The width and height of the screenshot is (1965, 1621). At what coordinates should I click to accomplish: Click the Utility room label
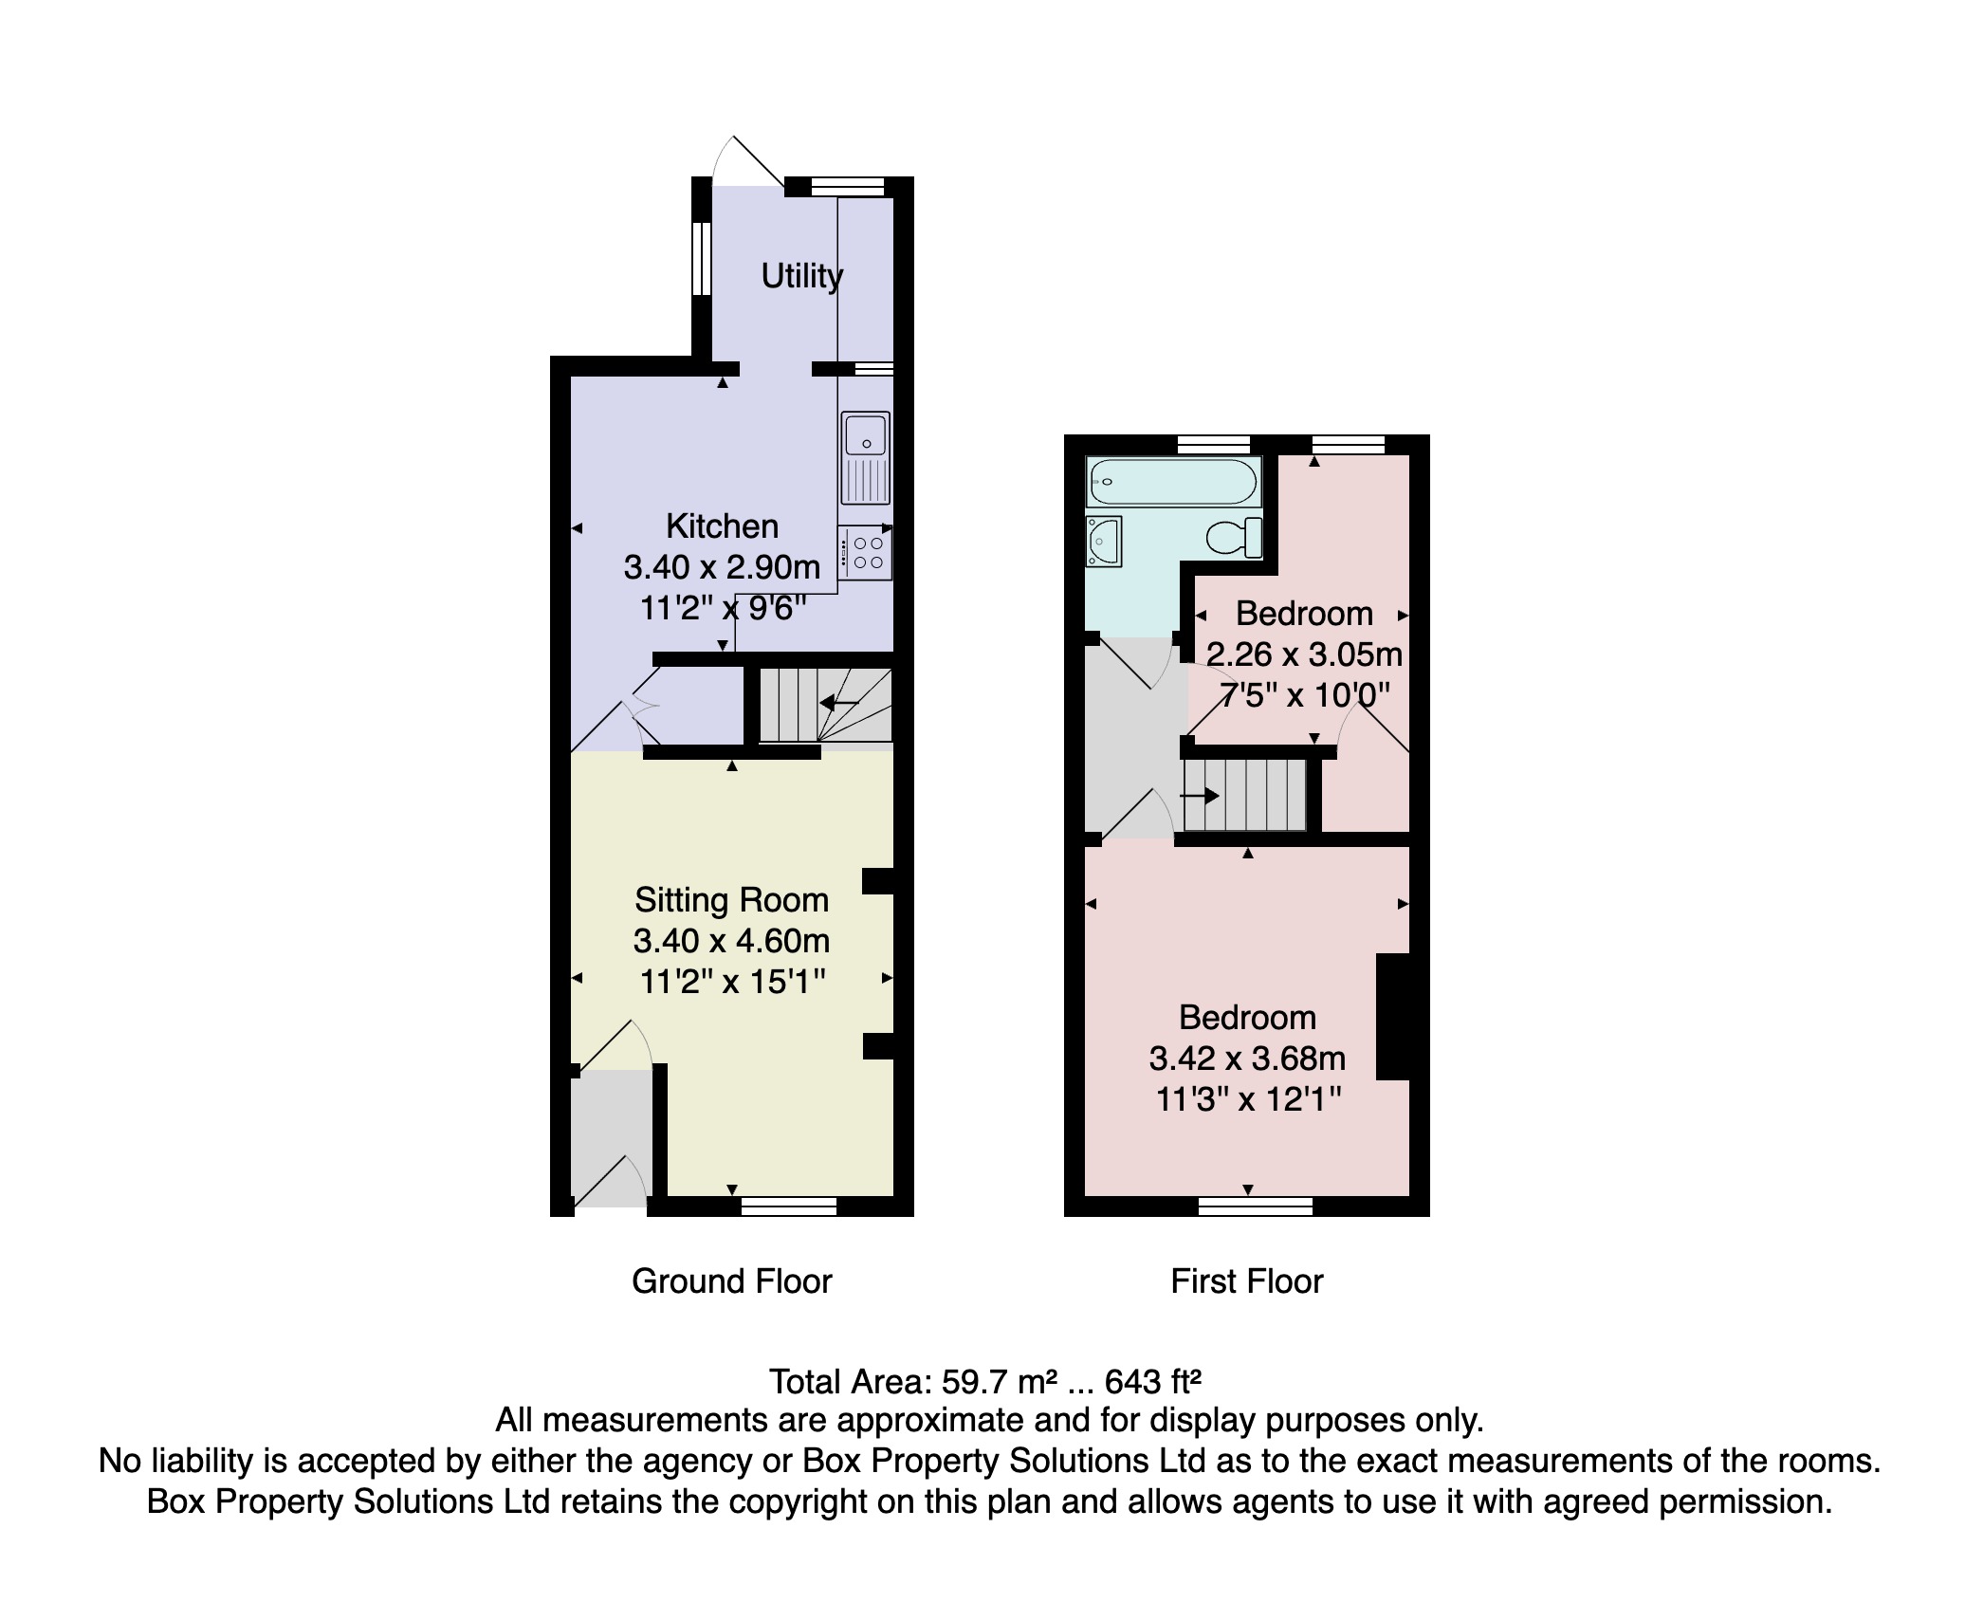[x=801, y=276]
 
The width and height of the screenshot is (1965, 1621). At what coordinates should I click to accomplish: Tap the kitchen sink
[x=865, y=457]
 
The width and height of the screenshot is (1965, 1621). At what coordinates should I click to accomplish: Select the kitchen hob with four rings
[x=865, y=553]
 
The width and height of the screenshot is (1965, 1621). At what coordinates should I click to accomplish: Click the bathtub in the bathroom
[x=1173, y=481]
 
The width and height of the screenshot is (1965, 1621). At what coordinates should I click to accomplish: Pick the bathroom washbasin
[x=1105, y=542]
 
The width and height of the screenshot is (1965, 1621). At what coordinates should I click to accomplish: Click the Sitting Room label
[x=731, y=899]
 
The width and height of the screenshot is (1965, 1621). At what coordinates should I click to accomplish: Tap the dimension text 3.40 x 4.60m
[x=731, y=941]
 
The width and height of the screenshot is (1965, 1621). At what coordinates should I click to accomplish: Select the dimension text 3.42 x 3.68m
[x=1247, y=1059]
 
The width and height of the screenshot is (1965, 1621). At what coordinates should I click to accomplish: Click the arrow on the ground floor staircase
[x=839, y=704]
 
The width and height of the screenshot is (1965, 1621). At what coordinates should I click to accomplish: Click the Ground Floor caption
[x=731, y=1281]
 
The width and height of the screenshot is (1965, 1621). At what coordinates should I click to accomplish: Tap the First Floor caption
[x=1246, y=1281]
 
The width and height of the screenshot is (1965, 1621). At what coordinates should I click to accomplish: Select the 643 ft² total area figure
[x=1153, y=1382]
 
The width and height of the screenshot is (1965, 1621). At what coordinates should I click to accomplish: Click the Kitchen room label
[x=722, y=525]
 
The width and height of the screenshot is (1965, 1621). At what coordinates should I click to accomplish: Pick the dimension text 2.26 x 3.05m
[x=1304, y=654]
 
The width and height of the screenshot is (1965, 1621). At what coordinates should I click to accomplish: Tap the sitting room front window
[x=788, y=1206]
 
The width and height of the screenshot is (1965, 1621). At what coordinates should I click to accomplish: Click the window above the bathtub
[x=1213, y=444]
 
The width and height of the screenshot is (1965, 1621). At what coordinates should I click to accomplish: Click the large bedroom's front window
[x=1255, y=1206]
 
